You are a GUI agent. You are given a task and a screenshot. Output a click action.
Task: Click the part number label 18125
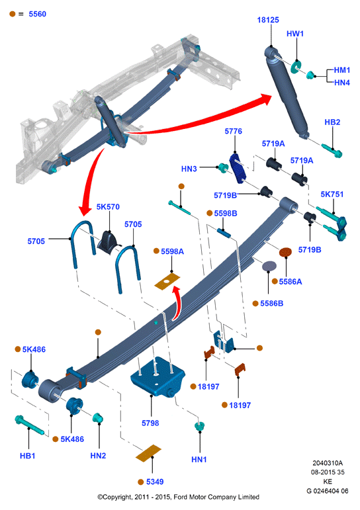(268, 20)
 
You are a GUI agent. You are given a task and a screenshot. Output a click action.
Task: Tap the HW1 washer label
(295, 34)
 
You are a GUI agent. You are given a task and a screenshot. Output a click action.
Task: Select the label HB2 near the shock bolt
(332, 122)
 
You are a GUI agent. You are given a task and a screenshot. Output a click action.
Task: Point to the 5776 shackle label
(234, 131)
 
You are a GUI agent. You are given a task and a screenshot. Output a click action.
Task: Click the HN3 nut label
(189, 169)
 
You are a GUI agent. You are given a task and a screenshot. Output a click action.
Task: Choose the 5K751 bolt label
(332, 194)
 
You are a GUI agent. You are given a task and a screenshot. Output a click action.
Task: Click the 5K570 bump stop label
(108, 207)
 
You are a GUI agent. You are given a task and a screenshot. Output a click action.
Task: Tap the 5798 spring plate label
(150, 423)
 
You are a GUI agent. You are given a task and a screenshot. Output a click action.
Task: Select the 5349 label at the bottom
(155, 482)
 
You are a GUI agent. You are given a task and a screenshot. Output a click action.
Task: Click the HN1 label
(199, 459)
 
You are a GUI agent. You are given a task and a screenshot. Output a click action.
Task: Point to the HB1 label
(27, 456)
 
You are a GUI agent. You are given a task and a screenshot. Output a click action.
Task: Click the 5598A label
(172, 251)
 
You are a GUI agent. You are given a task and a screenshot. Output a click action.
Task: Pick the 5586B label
(271, 304)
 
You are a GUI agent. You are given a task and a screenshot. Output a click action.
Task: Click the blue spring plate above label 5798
(158, 376)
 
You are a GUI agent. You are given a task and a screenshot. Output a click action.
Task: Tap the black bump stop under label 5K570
(109, 242)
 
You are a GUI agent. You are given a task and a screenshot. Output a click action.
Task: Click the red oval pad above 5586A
(285, 252)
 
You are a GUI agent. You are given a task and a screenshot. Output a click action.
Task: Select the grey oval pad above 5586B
(269, 266)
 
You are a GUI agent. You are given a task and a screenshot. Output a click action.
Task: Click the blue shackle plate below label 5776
(238, 167)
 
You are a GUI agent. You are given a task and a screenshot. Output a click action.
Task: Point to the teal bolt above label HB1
(29, 425)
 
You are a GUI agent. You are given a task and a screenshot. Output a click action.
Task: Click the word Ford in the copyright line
(181, 497)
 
